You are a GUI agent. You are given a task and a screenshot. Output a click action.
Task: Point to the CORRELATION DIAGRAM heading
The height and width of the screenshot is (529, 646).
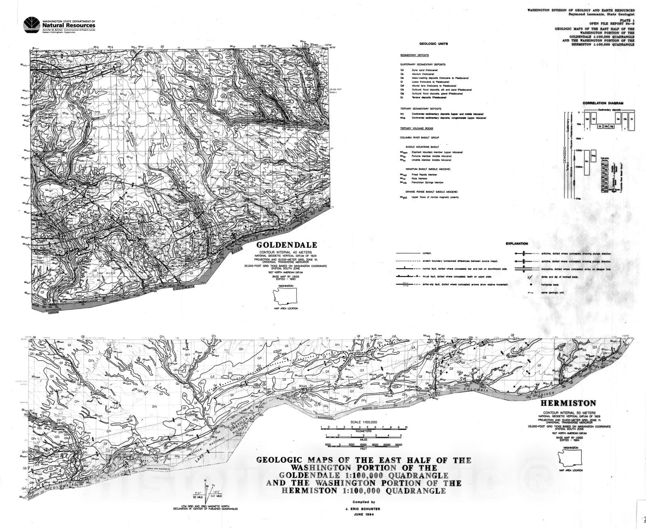click(603, 103)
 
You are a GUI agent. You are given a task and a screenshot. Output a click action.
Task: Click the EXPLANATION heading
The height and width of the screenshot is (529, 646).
click(516, 244)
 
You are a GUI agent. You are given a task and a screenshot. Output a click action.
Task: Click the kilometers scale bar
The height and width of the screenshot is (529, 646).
click(363, 427)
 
